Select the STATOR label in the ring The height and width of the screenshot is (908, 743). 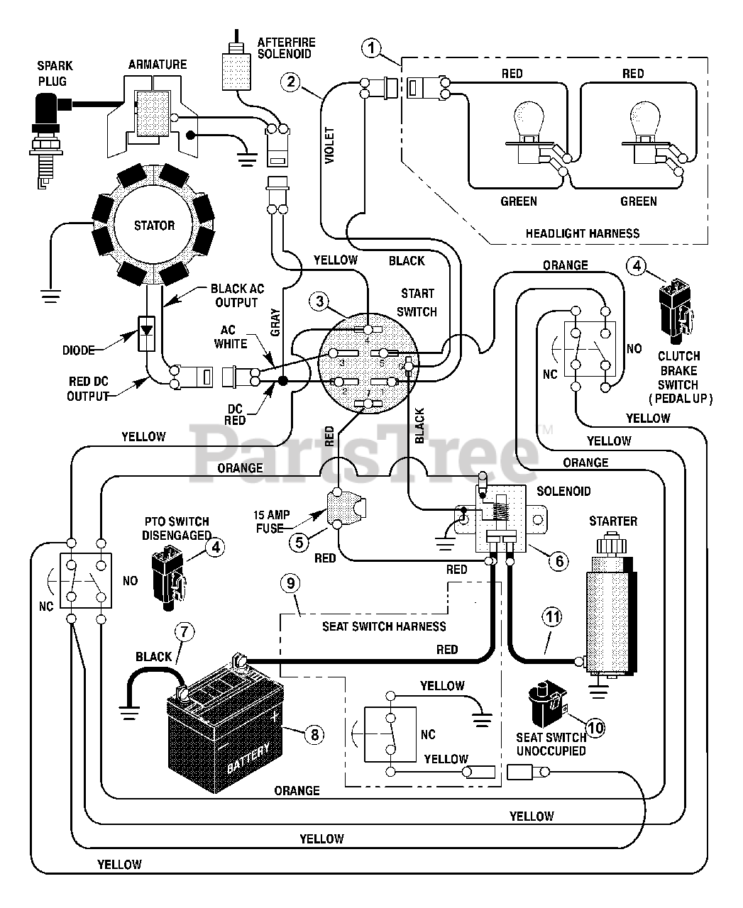pos(154,225)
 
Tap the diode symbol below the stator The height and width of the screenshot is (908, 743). pos(146,333)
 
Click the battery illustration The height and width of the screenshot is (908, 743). pos(225,724)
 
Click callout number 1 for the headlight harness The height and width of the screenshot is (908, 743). pos(372,48)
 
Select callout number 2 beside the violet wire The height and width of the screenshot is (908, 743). pos(290,82)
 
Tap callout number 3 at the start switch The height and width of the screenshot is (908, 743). pos(319,301)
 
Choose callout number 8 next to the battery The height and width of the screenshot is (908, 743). pos(314,734)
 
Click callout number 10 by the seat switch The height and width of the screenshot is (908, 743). pos(595,728)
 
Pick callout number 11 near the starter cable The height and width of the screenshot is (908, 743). pos(552,617)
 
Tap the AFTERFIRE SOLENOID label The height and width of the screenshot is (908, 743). pos(287,48)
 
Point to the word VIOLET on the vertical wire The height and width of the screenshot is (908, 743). pos(329,145)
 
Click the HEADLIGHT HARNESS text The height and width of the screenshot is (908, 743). pos(583,233)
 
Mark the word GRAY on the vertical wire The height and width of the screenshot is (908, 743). pos(275,322)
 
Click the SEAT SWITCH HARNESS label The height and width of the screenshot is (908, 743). pos(384,626)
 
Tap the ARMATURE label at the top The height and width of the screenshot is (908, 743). pos(158,65)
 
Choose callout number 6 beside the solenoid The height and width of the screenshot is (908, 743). pos(559,561)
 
